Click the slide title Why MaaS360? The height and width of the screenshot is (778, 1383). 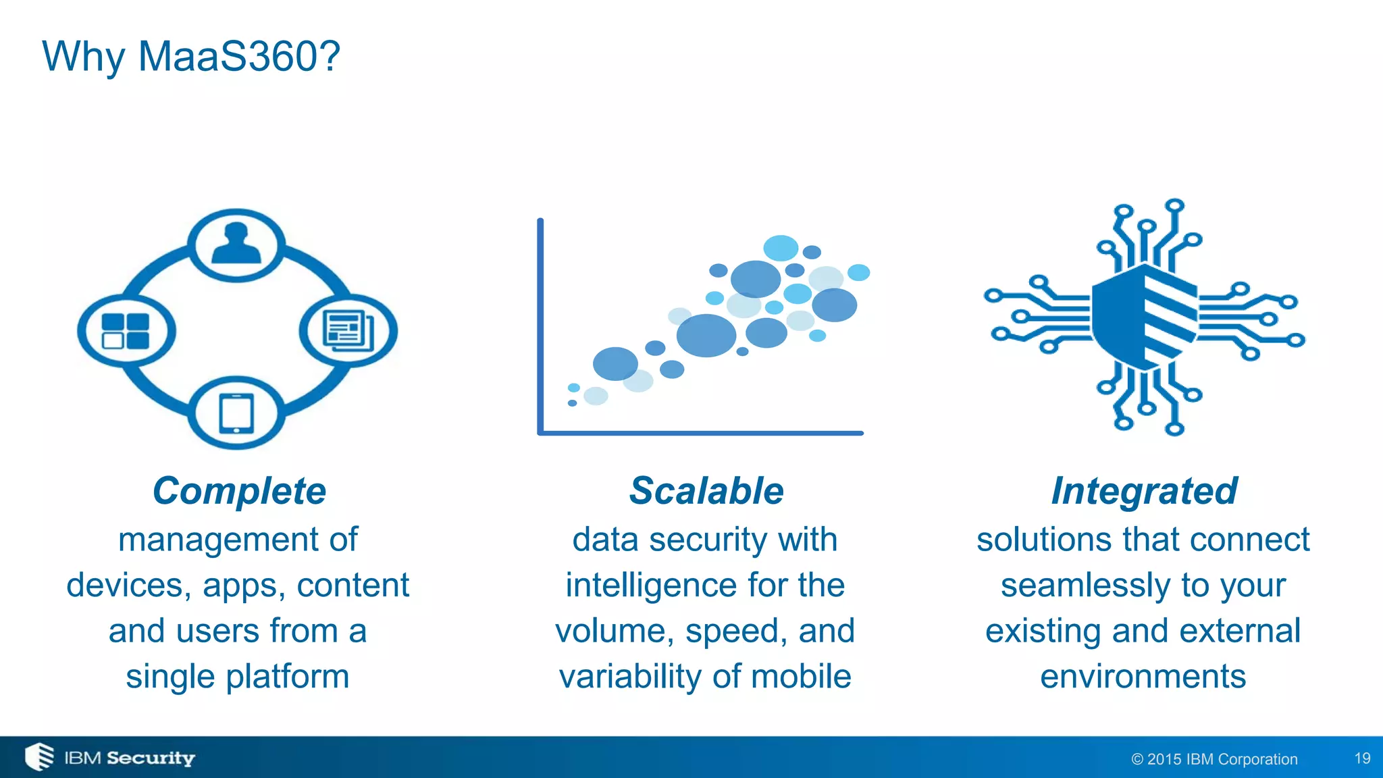tap(191, 56)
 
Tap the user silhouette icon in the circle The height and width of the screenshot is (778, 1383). tap(236, 244)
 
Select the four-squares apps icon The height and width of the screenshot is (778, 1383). tap(126, 331)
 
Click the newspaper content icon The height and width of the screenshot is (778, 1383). tap(348, 330)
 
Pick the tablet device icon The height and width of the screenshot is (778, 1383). tap(236, 413)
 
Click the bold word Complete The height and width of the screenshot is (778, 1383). tap(239, 491)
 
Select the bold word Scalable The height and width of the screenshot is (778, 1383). tap(706, 491)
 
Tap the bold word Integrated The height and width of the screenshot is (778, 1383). tap(1144, 491)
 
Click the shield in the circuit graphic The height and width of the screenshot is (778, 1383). tap(1144, 317)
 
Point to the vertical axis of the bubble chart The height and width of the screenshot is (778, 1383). tap(540, 324)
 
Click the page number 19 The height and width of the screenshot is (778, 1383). tap(1362, 758)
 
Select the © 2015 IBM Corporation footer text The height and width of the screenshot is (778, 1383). tap(1214, 759)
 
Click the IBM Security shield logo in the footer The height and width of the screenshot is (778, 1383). tap(39, 757)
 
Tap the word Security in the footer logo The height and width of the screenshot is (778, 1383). tap(151, 758)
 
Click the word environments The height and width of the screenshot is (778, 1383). tap(1143, 677)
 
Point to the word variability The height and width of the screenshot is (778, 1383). tap(631, 677)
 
